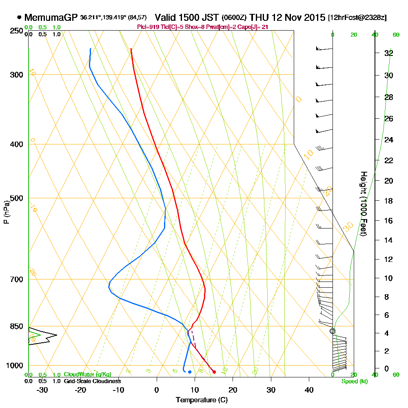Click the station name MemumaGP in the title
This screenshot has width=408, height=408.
(51, 18)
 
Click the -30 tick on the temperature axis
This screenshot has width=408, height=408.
(42, 390)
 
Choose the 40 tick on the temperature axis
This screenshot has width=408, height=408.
(309, 390)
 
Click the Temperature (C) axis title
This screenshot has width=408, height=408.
(202, 400)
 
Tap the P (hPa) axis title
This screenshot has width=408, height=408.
(6, 212)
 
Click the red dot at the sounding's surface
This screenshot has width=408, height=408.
(214, 372)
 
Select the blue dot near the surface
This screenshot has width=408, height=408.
(190, 372)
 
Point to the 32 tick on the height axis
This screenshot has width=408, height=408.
(388, 53)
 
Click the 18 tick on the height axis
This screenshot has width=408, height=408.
(388, 201)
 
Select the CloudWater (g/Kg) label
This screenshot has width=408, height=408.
(87, 375)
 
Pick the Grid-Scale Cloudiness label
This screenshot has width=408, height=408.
(92, 381)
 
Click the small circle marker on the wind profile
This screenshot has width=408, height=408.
(333, 331)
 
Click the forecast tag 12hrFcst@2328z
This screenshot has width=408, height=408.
(357, 18)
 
